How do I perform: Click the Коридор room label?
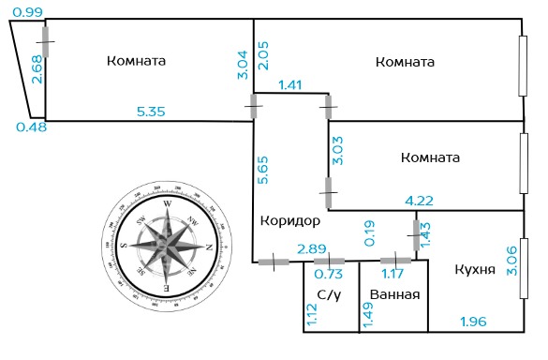click(x=290, y=221)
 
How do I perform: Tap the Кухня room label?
click(x=475, y=269)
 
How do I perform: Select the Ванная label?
click(x=394, y=294)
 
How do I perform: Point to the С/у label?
click(x=329, y=295)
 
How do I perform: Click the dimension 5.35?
click(x=151, y=112)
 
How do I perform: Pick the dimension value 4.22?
click(x=419, y=201)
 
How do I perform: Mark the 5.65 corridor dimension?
click(x=263, y=170)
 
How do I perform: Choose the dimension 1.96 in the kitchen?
click(x=474, y=322)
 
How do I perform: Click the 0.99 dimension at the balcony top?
click(x=27, y=12)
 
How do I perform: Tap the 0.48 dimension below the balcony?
click(x=32, y=127)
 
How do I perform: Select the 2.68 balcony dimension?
click(x=37, y=69)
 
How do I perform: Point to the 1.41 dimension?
click(x=290, y=84)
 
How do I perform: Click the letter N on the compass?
click(x=209, y=247)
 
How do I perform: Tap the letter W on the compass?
click(x=168, y=203)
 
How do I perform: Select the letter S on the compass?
click(x=124, y=245)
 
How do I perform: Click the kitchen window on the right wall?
click(x=524, y=268)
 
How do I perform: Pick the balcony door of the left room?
click(x=46, y=41)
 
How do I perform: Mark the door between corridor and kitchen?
click(x=416, y=235)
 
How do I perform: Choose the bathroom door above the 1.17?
click(x=395, y=261)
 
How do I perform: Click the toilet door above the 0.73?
click(x=329, y=261)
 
